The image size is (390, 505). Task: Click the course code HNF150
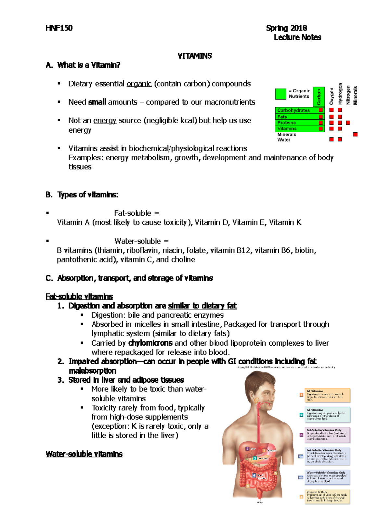click(x=59, y=28)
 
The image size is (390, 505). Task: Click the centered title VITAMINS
click(x=194, y=56)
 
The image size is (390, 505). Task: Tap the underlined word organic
click(x=139, y=84)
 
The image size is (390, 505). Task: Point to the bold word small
click(x=97, y=102)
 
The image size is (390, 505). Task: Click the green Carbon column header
click(x=319, y=97)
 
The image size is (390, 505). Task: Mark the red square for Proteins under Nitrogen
click(x=348, y=123)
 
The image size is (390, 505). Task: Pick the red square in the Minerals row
click(x=355, y=134)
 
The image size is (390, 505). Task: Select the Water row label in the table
click(x=284, y=140)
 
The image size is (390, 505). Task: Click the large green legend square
click(x=280, y=94)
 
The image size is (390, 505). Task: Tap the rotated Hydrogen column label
click(x=340, y=94)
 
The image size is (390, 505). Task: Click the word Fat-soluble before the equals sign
click(x=133, y=213)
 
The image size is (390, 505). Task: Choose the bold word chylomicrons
click(x=150, y=343)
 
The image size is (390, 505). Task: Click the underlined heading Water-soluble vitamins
click(x=84, y=454)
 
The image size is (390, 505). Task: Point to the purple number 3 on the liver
click(x=247, y=449)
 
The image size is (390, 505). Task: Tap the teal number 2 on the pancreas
click(x=255, y=458)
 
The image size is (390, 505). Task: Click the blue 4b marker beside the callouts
click(x=301, y=477)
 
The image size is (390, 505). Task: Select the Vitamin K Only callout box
click(x=327, y=497)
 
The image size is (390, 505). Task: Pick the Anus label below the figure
click(x=259, y=502)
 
